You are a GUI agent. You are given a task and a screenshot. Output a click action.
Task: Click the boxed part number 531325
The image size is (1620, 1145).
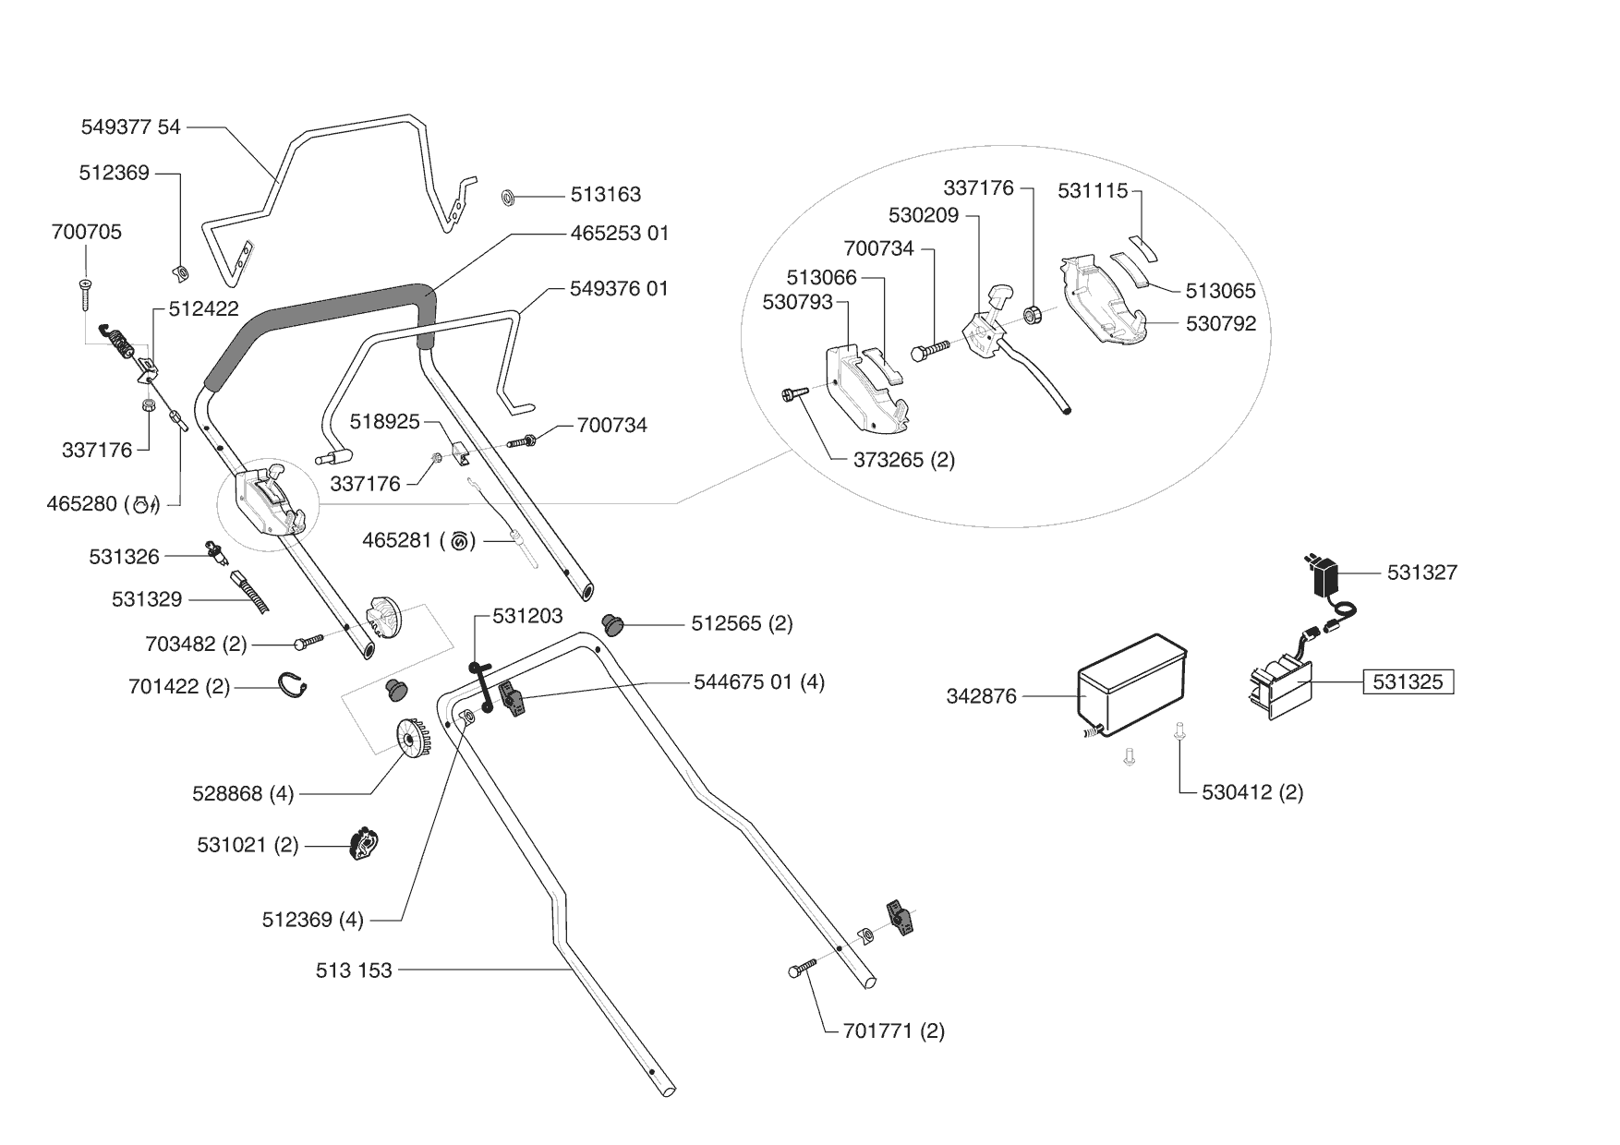coord(1408,682)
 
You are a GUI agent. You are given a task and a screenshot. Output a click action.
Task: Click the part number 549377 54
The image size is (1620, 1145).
coord(131,127)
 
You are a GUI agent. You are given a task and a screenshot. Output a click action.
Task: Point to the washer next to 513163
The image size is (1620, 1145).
coord(508,197)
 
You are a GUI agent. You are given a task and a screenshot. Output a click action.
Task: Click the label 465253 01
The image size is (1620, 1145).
coord(619,233)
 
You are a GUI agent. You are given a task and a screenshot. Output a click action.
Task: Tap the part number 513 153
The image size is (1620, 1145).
coord(354,970)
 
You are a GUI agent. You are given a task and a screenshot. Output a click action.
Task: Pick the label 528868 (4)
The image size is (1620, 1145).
coord(243,793)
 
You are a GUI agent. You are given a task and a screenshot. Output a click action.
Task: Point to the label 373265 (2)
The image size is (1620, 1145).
coord(903,460)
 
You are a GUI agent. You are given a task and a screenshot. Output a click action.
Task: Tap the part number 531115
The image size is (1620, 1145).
coord(1093,191)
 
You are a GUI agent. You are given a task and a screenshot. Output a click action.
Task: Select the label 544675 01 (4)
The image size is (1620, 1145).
coord(759,682)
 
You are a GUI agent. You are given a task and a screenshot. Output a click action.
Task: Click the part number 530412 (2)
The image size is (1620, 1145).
coord(1252,792)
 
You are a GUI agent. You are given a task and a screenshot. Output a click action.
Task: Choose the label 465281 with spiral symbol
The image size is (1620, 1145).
coord(418,540)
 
